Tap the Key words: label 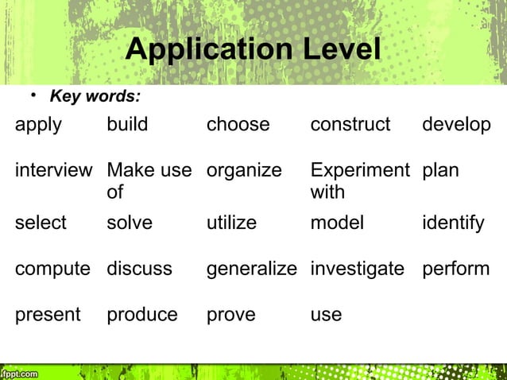pos(95,98)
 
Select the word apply pos(38,126)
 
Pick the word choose pos(238,126)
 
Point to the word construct pos(350,126)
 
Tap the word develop pos(456,126)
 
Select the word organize pos(244,171)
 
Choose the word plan pos(440,171)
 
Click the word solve pos(129,223)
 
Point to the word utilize pos(231,223)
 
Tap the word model pos(337,223)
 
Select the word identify pos(452,223)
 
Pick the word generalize pos(251,269)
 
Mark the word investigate pos(358,269)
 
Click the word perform pos(455,269)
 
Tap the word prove pos(231,315)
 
